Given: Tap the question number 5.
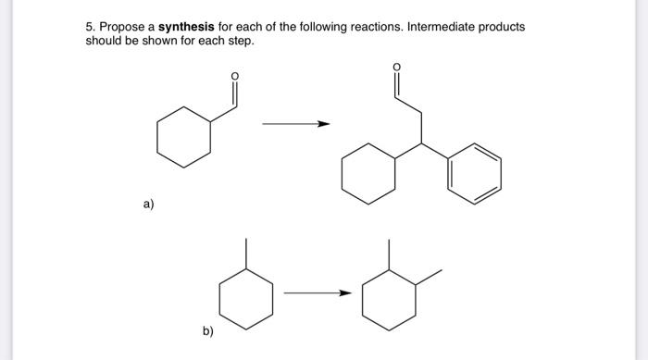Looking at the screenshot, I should click(x=89, y=27).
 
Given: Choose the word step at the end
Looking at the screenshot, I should click(x=239, y=42).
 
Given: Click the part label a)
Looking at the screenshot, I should click(x=148, y=205).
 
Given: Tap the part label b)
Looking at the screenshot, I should click(x=208, y=329).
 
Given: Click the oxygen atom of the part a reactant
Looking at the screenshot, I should click(x=234, y=76).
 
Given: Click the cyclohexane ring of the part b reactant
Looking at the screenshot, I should click(x=245, y=297).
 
